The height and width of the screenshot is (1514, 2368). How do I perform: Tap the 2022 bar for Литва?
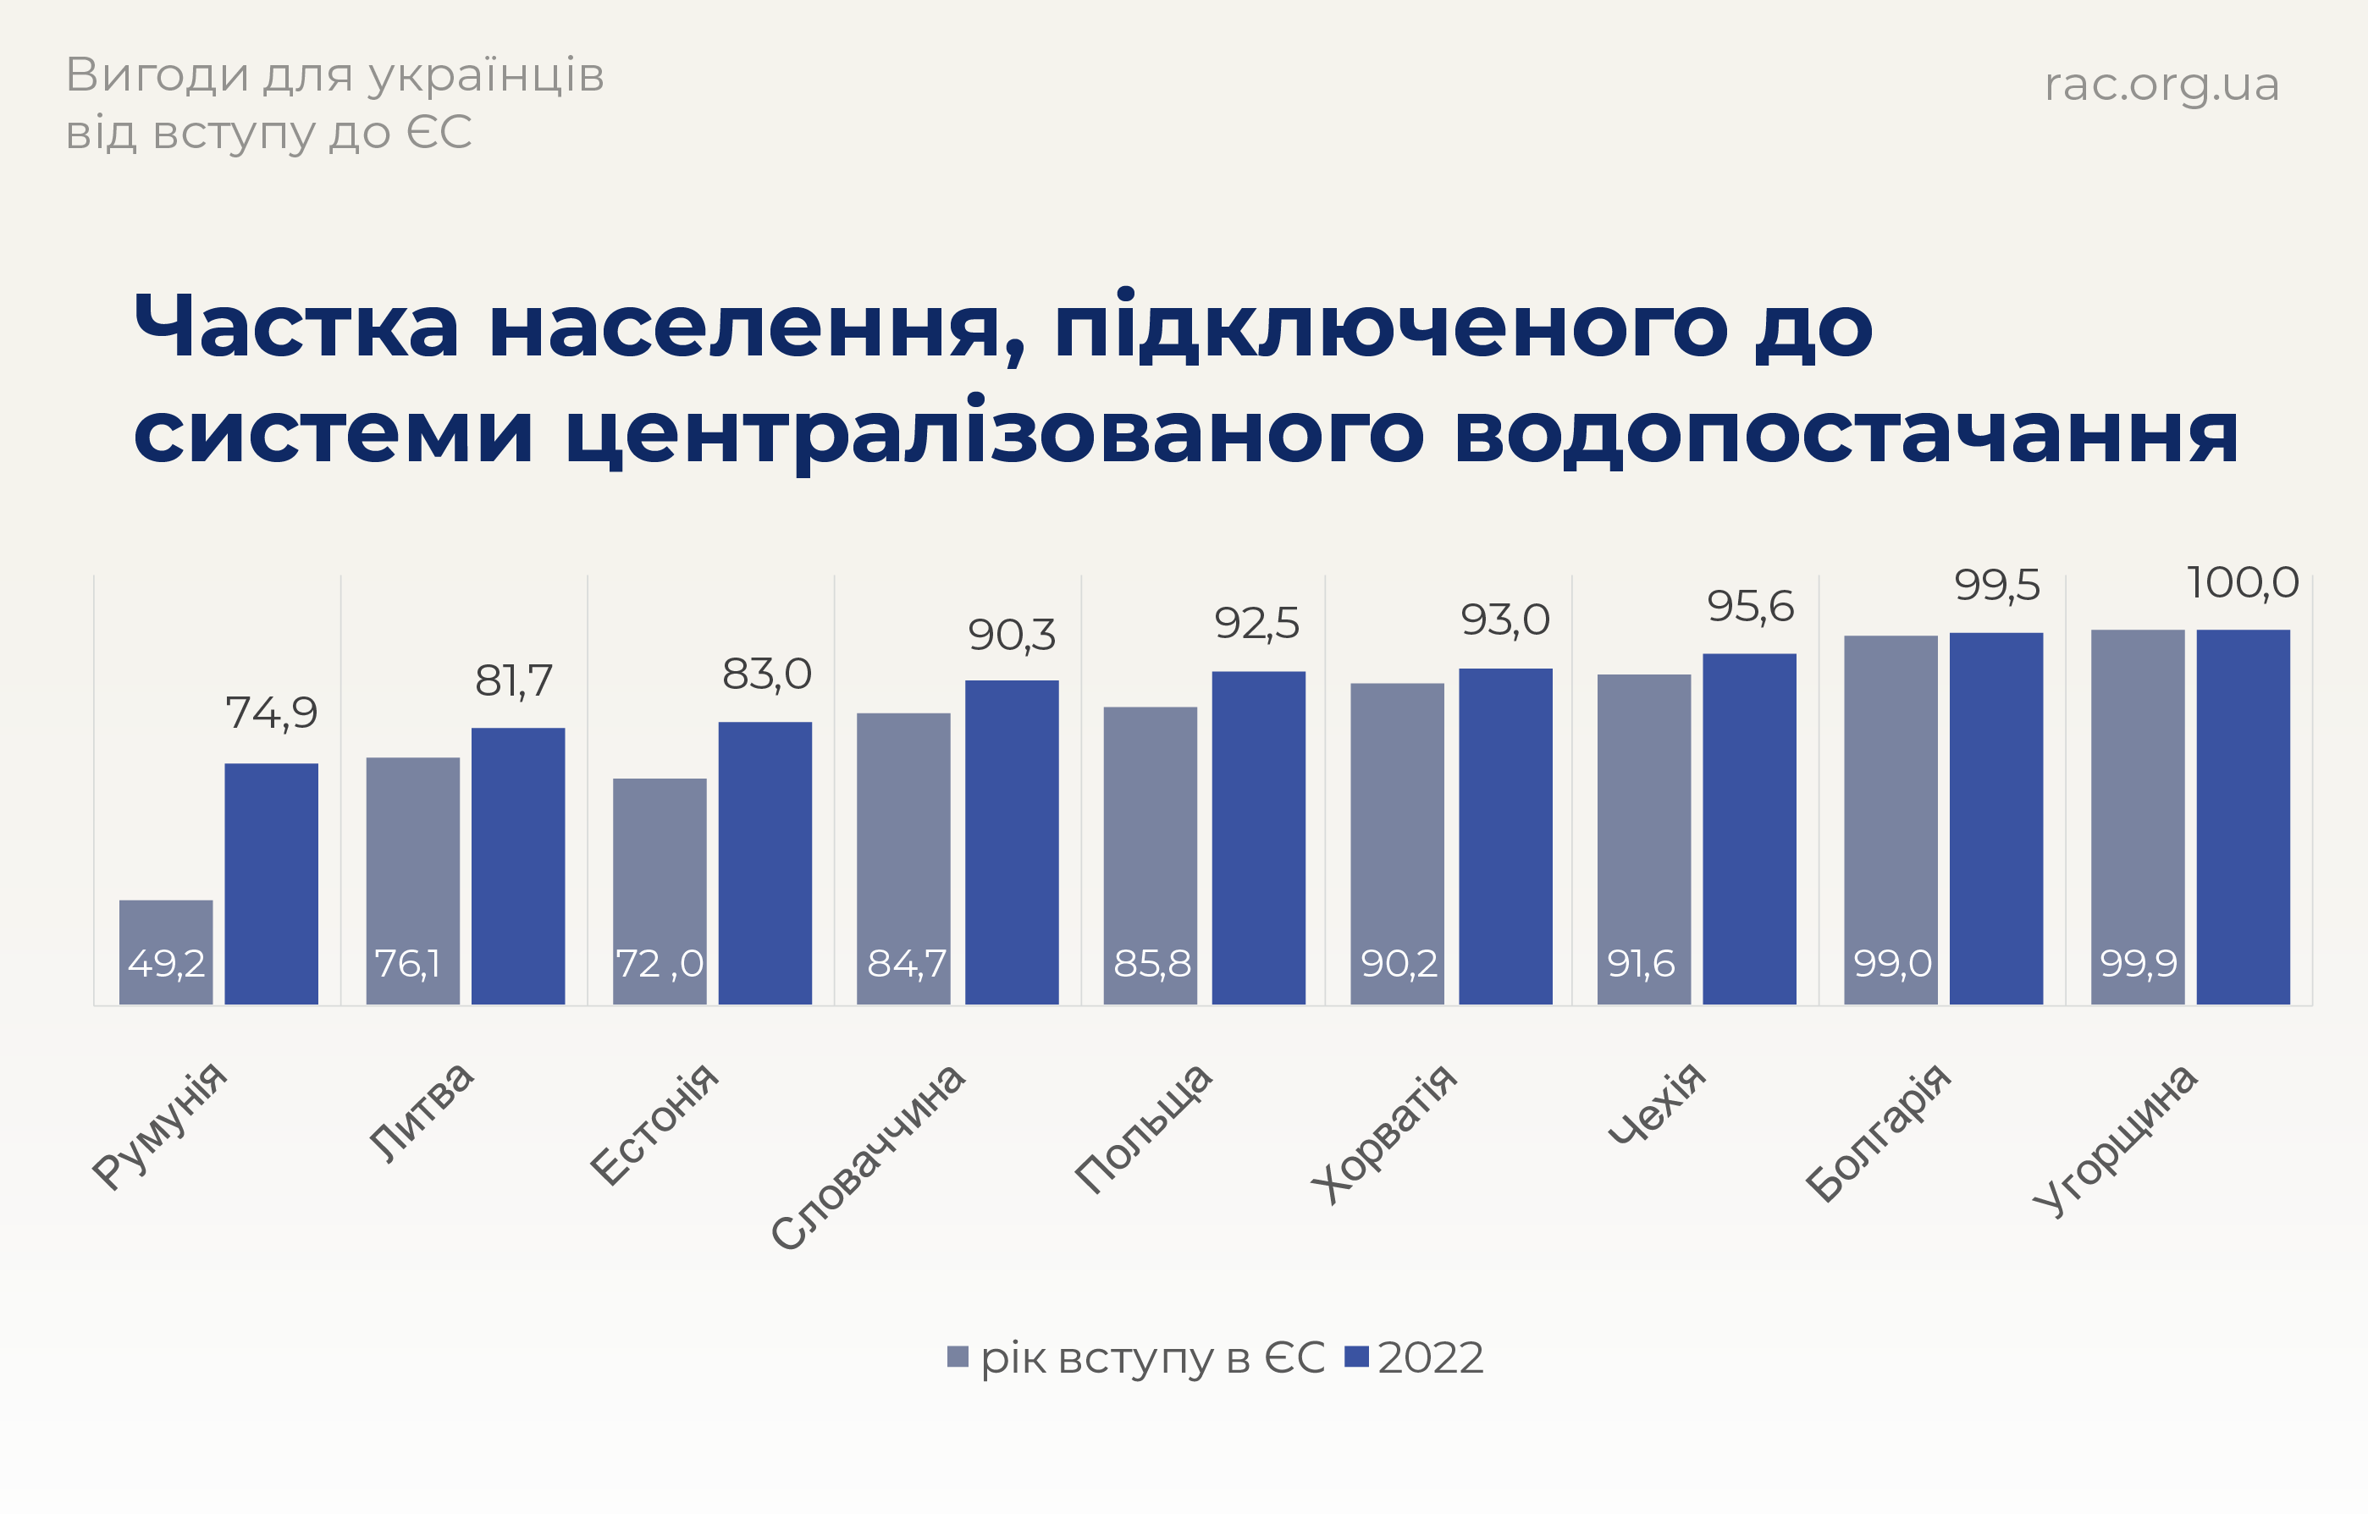click(x=518, y=865)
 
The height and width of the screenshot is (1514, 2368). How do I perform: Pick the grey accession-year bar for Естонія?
click(x=659, y=890)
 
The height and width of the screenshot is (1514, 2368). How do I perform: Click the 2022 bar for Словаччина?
click(x=1012, y=841)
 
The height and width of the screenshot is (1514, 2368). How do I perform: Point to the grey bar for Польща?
click(x=1150, y=856)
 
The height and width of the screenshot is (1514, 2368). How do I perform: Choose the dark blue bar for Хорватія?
click(x=1504, y=835)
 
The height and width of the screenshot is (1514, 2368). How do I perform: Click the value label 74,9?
click(x=272, y=713)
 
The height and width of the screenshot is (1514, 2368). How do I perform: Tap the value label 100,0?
click(x=2242, y=583)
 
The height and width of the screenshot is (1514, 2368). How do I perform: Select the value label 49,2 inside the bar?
click(x=166, y=963)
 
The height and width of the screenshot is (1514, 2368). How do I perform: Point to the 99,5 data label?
click(x=1996, y=586)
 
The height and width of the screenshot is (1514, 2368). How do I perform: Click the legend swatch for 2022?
click(x=1356, y=1357)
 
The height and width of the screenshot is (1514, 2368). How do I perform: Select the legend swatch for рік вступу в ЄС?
click(x=957, y=1357)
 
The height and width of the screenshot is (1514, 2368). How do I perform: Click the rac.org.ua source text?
click(x=2161, y=84)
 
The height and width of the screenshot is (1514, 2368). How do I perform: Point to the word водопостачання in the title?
click(x=1846, y=433)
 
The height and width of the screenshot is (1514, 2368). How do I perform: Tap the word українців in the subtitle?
click(x=486, y=75)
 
